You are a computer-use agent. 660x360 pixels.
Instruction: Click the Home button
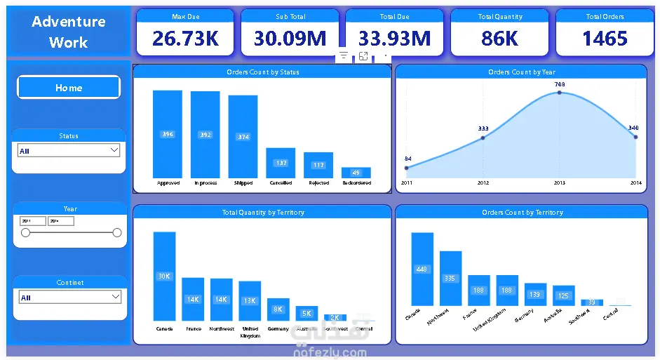pos(69,88)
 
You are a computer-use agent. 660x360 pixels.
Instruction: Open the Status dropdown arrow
pos(114,150)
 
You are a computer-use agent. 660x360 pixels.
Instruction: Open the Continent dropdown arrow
pos(116,297)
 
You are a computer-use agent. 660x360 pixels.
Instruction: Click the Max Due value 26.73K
pos(185,39)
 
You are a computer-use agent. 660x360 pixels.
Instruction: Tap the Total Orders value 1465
pos(605,39)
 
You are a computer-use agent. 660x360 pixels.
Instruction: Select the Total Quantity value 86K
pos(499,39)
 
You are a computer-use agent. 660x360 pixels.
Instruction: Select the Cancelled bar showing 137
pos(281,163)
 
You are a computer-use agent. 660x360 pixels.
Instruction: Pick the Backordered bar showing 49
pos(356,173)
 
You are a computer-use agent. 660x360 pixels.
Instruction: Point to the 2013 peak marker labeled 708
pos(560,93)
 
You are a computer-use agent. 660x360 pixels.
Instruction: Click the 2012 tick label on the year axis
pos(483,183)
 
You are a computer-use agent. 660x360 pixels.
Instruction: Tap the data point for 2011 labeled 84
pos(407,168)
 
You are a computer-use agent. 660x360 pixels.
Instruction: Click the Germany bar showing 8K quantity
pos(278,309)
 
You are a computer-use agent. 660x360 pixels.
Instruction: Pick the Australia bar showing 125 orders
pos(563,295)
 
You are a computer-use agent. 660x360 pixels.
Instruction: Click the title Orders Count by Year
pos(522,72)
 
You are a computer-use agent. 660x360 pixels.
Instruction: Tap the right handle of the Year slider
pos(117,233)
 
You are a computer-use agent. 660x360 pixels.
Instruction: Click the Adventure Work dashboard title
pos(69,32)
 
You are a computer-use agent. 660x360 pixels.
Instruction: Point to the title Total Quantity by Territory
pos(263,212)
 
